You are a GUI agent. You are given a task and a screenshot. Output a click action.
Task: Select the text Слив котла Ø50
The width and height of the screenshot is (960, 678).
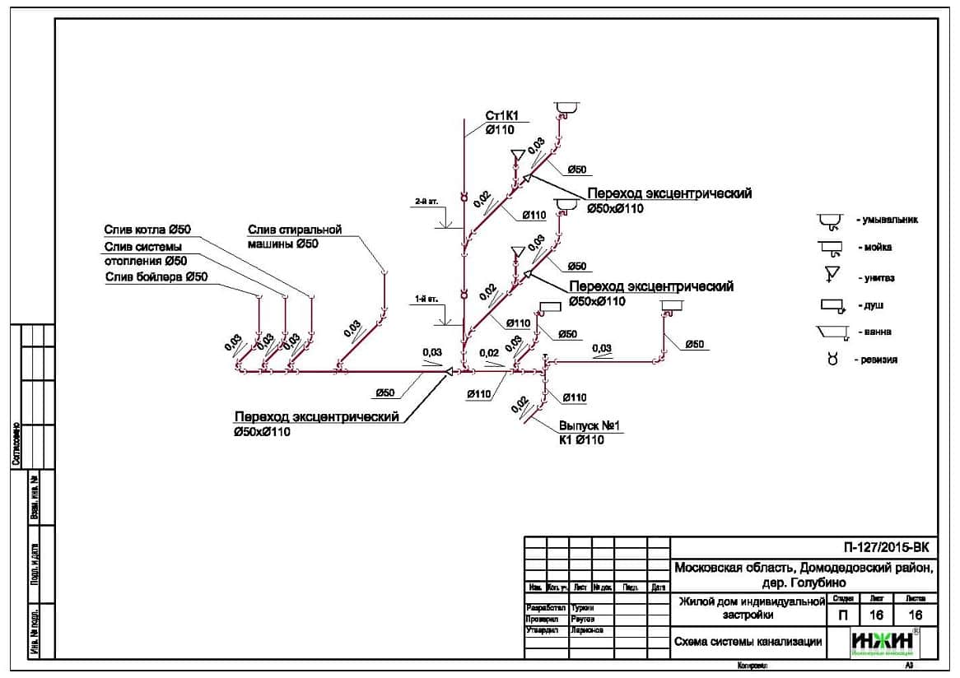click(x=147, y=229)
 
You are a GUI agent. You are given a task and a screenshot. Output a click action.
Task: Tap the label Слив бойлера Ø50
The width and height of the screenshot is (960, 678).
click(x=156, y=277)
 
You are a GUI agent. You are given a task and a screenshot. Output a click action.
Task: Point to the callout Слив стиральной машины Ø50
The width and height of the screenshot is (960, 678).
click(x=295, y=236)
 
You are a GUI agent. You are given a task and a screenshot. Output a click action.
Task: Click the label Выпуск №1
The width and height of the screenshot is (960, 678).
click(x=589, y=426)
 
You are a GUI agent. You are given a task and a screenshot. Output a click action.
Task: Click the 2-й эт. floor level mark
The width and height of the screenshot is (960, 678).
click(x=426, y=201)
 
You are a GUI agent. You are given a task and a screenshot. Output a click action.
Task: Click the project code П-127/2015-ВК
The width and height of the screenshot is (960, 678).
click(x=890, y=546)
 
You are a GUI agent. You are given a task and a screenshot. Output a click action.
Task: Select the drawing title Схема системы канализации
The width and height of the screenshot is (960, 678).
click(x=748, y=642)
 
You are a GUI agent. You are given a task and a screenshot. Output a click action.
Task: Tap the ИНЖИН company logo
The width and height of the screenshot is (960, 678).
click(x=883, y=640)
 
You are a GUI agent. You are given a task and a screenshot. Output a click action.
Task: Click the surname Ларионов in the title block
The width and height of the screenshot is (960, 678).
click(x=586, y=629)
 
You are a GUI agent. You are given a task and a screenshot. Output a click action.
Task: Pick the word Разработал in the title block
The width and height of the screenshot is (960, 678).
click(x=546, y=607)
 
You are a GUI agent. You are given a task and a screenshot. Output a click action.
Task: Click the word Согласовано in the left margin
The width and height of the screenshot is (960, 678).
click(x=16, y=444)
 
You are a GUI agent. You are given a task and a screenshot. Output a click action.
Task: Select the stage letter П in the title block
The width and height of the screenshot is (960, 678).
click(x=841, y=615)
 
